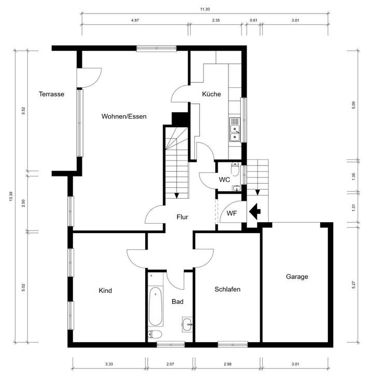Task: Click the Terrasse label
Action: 51,94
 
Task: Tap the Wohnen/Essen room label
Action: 124,116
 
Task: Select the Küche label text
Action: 211,94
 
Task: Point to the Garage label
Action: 297,277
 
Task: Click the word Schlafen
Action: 227,290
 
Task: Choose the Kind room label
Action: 105,291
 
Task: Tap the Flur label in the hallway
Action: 181,217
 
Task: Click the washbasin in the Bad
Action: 188,324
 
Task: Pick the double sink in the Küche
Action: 235,130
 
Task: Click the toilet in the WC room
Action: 235,169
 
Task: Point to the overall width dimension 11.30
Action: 205,9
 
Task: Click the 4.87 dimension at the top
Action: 135,20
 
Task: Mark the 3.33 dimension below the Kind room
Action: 109,364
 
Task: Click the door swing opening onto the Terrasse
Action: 87,78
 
